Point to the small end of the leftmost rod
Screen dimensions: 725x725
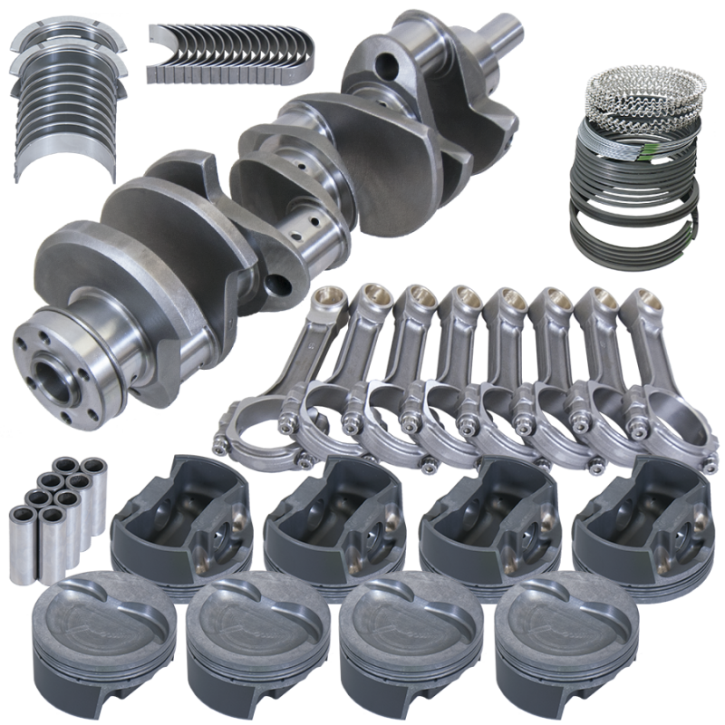pos(324,300)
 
